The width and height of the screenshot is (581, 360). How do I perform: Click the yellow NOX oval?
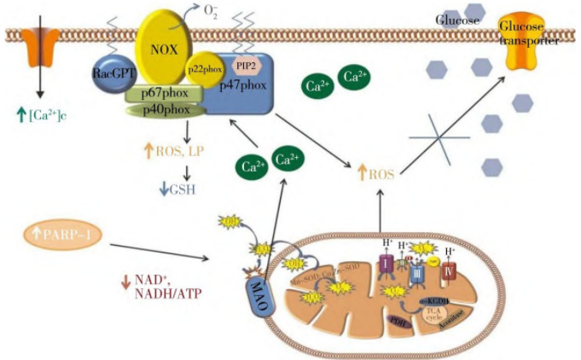click(x=166, y=43)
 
